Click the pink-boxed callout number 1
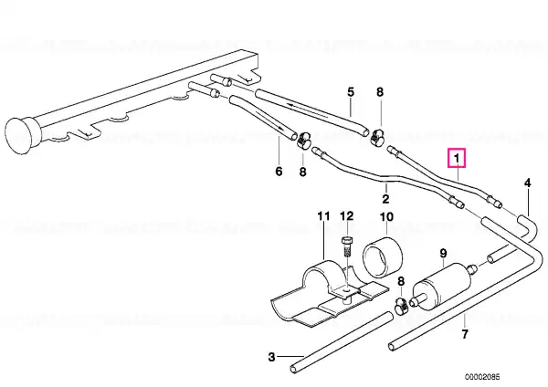tap(457, 159)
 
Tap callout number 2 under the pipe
tap(385, 199)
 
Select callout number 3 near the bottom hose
tap(272, 357)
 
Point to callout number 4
tap(527, 183)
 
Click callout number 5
tap(351, 92)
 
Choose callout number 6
tap(279, 172)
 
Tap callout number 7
tap(465, 334)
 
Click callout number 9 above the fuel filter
tap(443, 253)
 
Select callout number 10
tap(386, 217)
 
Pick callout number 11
tap(323, 216)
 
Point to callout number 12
tap(347, 215)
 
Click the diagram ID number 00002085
tap(482, 377)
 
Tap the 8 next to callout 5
tap(380, 92)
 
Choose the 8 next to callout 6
tap(302, 172)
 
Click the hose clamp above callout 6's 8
tap(304, 140)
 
